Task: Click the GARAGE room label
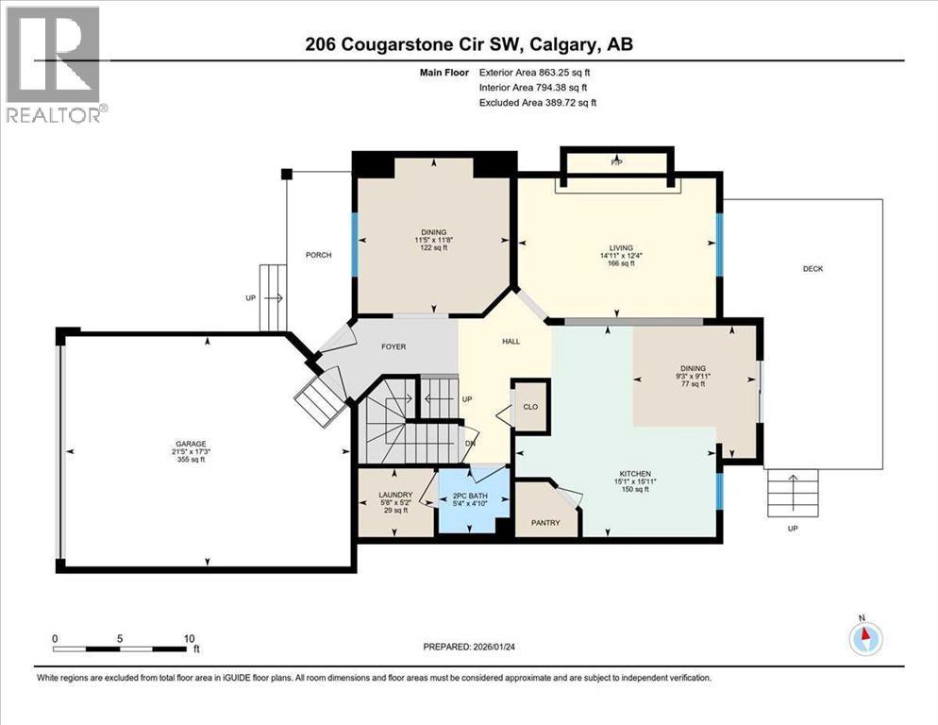point(190,444)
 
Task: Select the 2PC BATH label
point(473,481)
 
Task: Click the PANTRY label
point(545,522)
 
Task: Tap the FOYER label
point(394,346)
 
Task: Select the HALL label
point(511,342)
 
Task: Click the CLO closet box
point(530,407)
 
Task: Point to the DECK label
point(812,269)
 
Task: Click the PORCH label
point(318,256)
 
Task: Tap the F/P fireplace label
point(617,163)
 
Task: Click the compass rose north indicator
point(863,637)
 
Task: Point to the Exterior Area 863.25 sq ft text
point(537,72)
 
